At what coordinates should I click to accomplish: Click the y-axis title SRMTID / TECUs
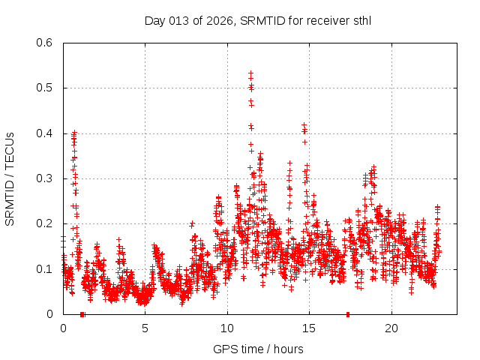click(10, 178)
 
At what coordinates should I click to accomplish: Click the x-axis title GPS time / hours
click(258, 349)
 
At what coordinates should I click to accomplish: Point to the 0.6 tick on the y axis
click(46, 43)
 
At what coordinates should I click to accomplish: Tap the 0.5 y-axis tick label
click(46, 88)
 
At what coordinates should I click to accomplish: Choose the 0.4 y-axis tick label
click(46, 133)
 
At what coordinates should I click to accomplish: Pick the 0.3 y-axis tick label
click(46, 178)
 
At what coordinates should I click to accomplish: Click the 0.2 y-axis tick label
click(46, 223)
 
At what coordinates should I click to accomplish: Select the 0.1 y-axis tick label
click(46, 268)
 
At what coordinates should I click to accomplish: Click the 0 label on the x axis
click(63, 328)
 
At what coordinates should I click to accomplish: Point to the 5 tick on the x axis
click(145, 328)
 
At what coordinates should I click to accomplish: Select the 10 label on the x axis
click(227, 328)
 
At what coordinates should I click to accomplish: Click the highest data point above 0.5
click(250, 73)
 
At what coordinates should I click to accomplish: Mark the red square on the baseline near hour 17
click(347, 314)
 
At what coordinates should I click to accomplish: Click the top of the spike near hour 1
click(73, 133)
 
